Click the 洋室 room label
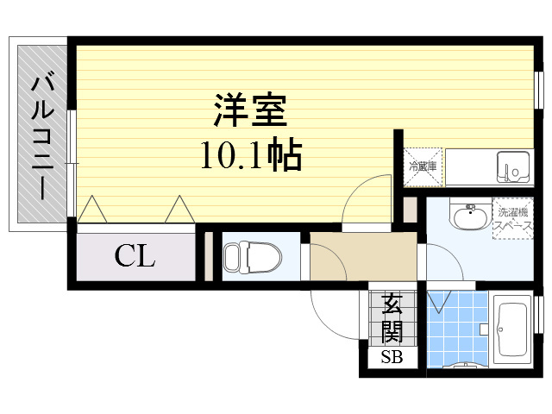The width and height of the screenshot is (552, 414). [250, 110]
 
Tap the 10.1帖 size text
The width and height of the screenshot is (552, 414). [251, 155]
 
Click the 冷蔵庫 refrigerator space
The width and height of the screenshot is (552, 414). [423, 166]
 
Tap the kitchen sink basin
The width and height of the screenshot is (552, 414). [513, 167]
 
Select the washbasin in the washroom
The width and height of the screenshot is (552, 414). [471, 216]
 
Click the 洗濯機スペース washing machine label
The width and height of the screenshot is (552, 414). [513, 218]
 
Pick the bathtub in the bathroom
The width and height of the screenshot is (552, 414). [512, 329]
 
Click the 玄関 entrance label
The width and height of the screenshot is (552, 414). [392, 320]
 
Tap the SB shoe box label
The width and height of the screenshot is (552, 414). [392, 358]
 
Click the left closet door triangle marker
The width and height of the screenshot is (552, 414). [92, 209]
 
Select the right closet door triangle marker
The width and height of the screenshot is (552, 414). [180, 209]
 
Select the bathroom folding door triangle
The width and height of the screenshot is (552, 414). [439, 301]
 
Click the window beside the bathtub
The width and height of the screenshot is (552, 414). [537, 315]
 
